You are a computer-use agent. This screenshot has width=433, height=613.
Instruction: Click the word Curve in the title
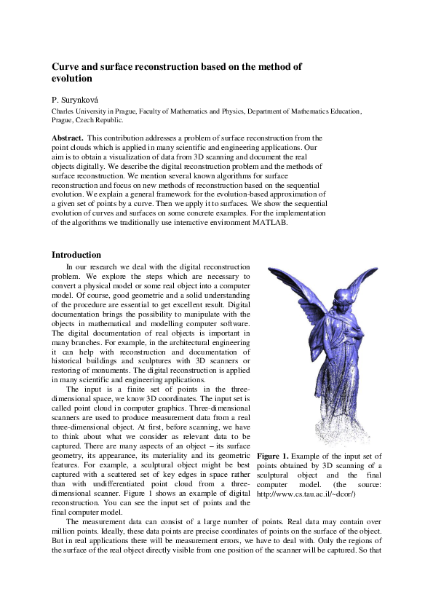pyautogui.click(x=66, y=66)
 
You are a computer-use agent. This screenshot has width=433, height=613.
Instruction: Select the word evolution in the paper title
pyautogui.click(x=72, y=78)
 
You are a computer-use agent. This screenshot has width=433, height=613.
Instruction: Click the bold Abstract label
pyautogui.click(x=67, y=137)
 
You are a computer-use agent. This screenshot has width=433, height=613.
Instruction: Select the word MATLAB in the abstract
pyautogui.click(x=271, y=224)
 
